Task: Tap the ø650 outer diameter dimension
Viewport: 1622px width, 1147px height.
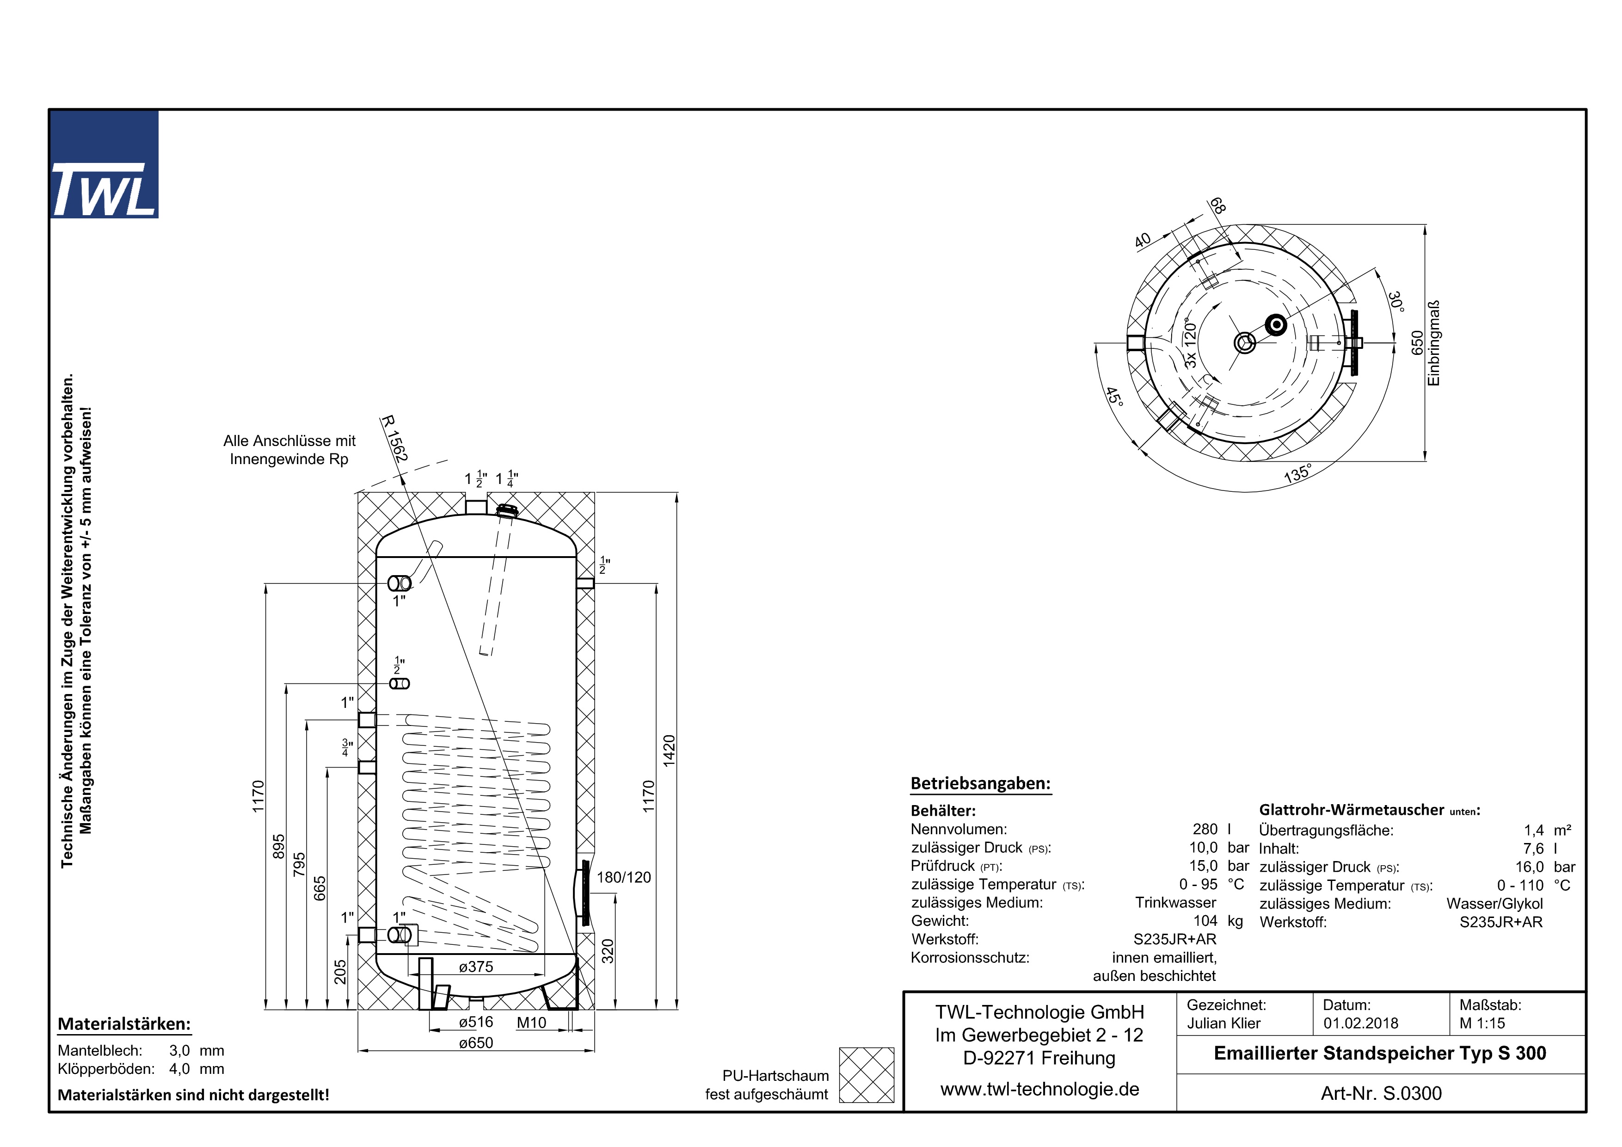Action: point(475,1042)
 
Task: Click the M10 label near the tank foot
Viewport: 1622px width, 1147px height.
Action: point(531,1023)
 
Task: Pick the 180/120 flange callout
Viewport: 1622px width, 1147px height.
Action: point(623,877)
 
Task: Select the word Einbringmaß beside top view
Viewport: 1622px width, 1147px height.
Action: point(1433,343)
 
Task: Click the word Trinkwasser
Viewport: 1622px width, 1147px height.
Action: point(1175,903)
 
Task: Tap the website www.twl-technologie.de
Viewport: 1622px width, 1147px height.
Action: point(1039,1089)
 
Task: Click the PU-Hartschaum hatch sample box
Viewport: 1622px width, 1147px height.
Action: point(866,1075)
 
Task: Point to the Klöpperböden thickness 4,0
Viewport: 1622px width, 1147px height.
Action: point(179,1068)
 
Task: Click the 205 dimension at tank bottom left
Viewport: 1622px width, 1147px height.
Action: point(340,971)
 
